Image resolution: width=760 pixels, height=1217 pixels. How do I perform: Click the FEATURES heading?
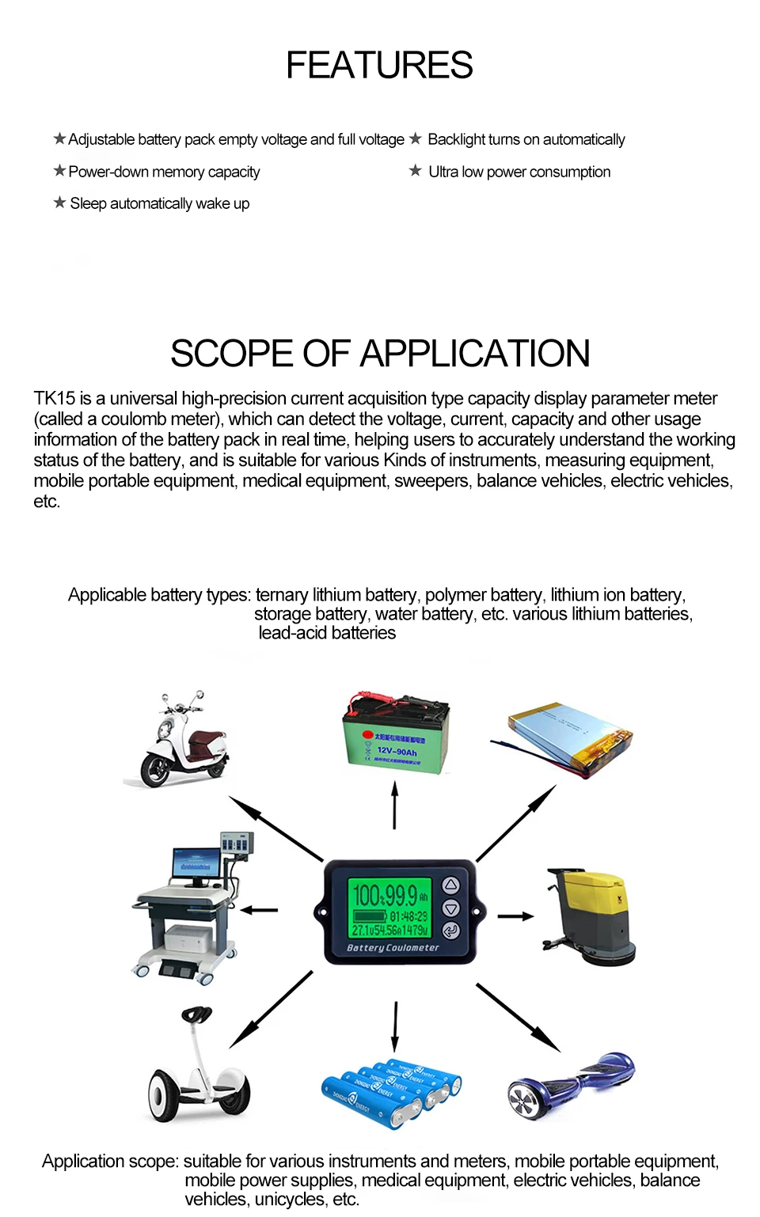pyautogui.click(x=379, y=65)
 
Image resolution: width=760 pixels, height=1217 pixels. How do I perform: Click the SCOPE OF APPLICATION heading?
pyautogui.click(x=380, y=354)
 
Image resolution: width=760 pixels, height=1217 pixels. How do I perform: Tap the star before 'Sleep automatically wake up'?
pyautogui.click(x=59, y=203)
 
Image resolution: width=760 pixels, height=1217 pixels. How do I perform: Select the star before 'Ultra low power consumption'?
pyautogui.click(x=416, y=171)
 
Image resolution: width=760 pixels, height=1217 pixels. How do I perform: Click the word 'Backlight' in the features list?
pyautogui.click(x=456, y=139)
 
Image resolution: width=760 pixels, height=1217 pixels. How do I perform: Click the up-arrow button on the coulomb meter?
pyautogui.click(x=450, y=885)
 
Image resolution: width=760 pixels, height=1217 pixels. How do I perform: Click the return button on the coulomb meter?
pyautogui.click(x=450, y=930)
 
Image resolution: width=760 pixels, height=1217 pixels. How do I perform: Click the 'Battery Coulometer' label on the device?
pyautogui.click(x=393, y=947)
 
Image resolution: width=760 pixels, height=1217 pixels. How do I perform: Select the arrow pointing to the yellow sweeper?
pyautogui.click(x=515, y=916)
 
